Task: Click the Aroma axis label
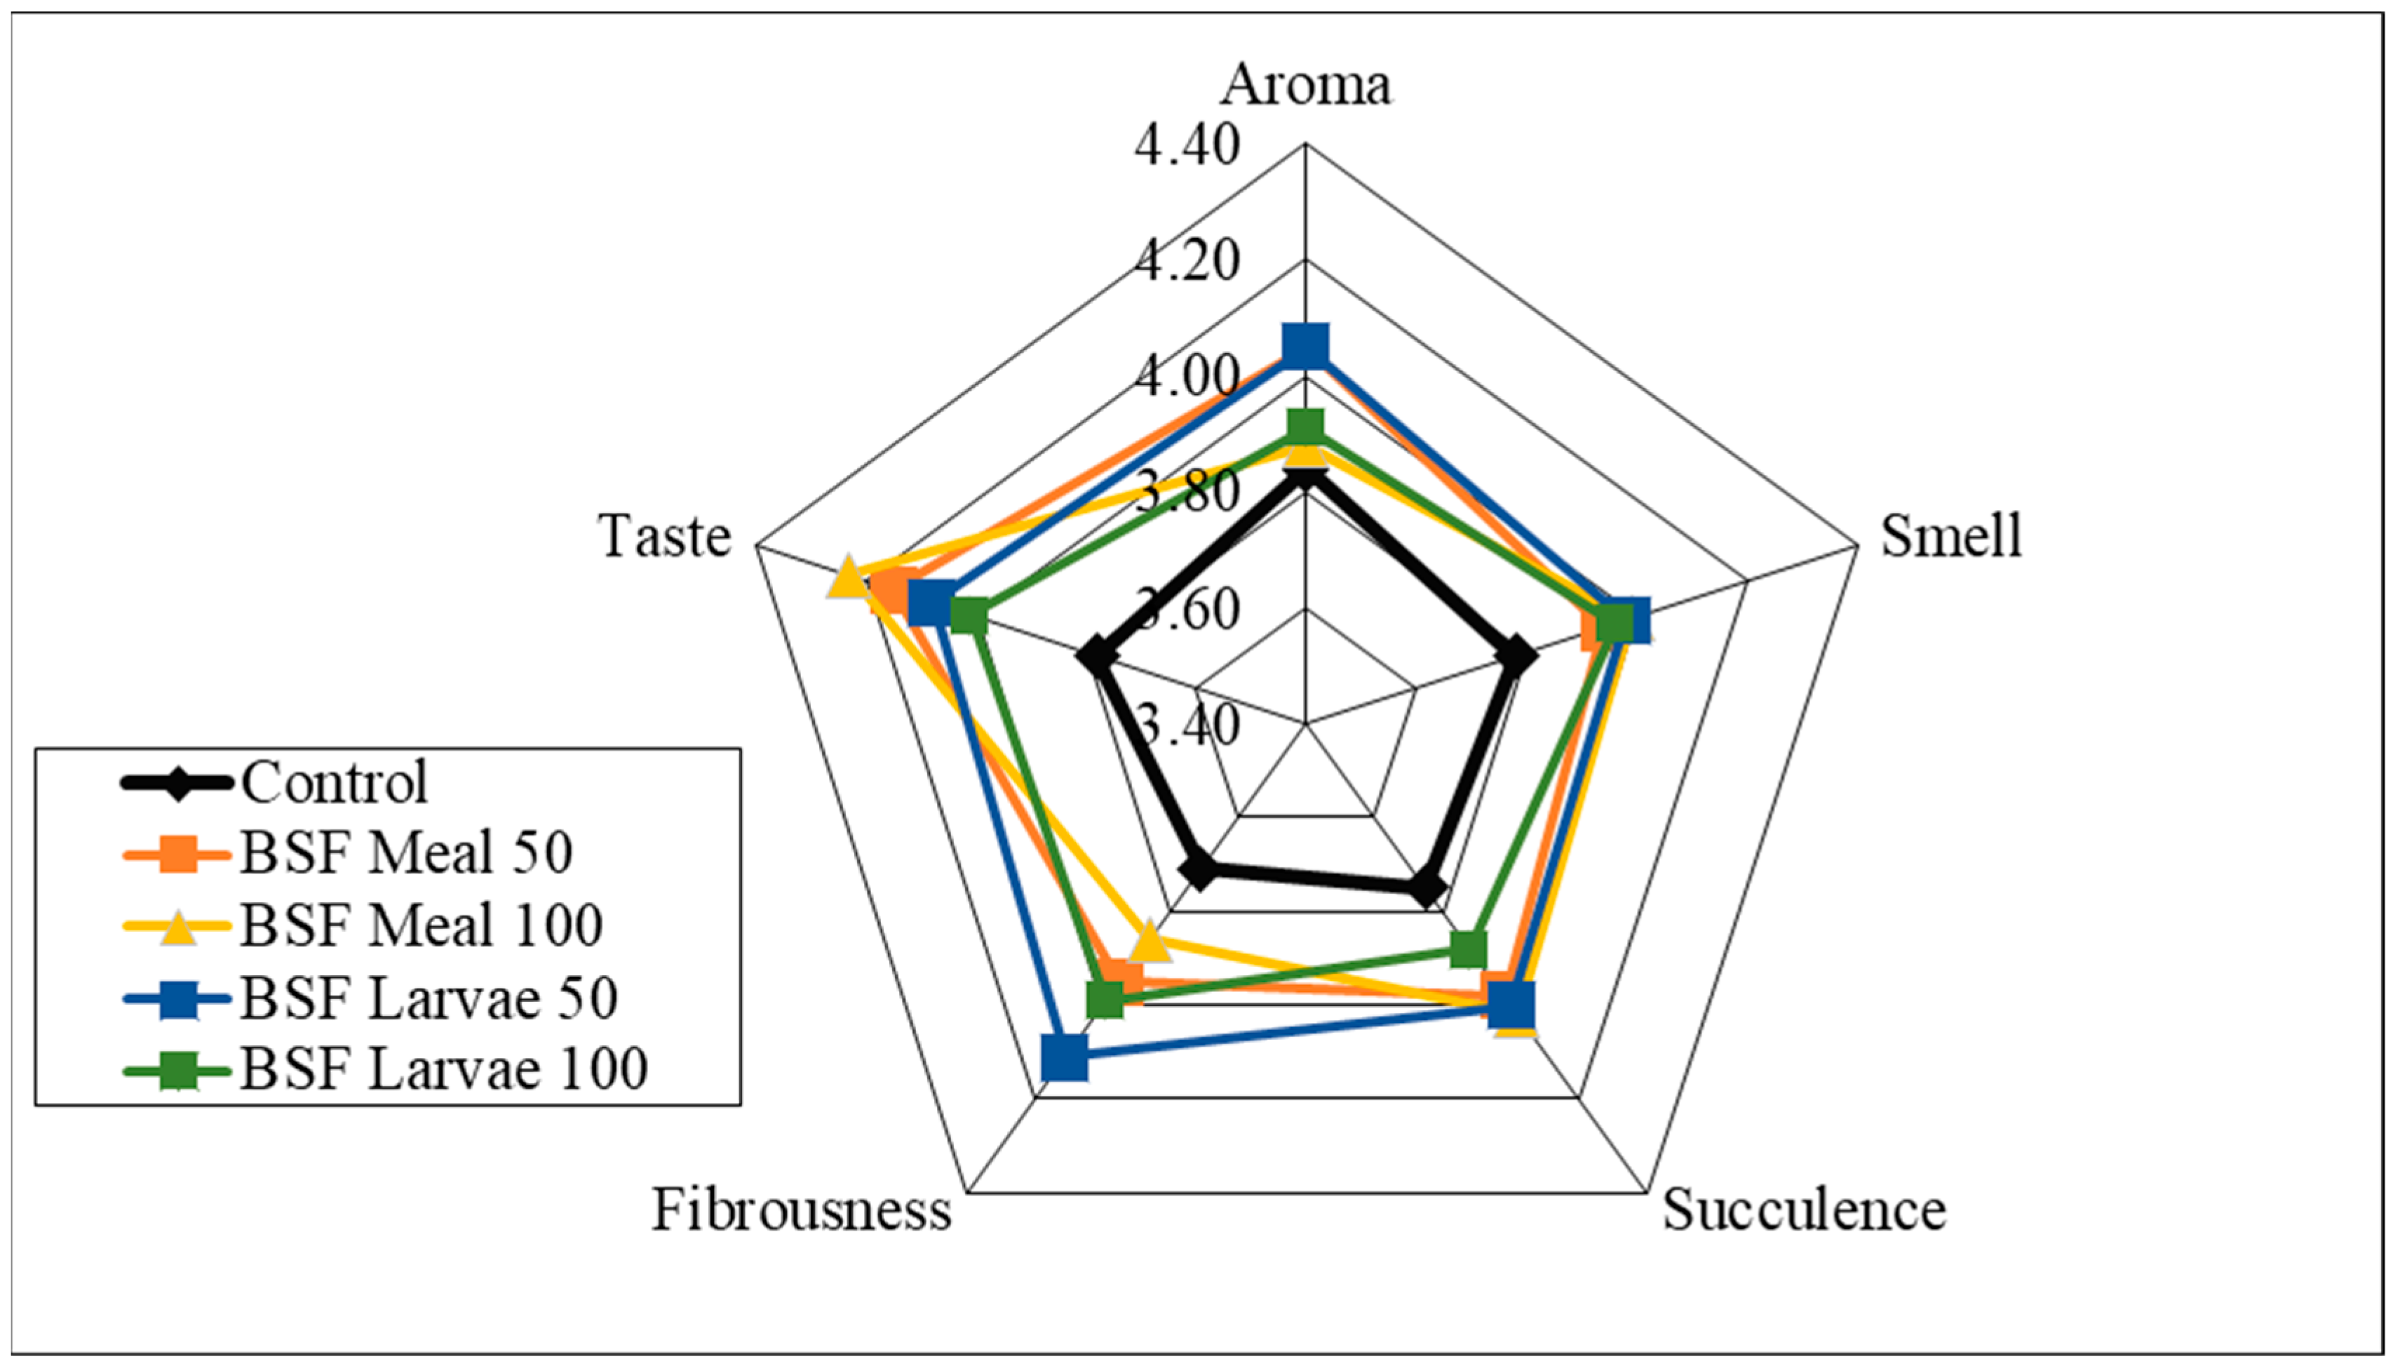1305,84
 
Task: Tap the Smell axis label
1951,537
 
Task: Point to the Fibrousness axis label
802,1210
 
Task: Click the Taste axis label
665,537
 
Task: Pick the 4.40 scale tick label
1186,147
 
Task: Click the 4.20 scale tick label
1186,261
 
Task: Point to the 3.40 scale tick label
1186,724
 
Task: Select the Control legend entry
334,782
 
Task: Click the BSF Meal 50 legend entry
405,854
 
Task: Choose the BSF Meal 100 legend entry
421,926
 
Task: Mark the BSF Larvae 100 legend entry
443,1069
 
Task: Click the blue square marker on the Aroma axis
1305,345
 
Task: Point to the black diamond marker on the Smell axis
1516,656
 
